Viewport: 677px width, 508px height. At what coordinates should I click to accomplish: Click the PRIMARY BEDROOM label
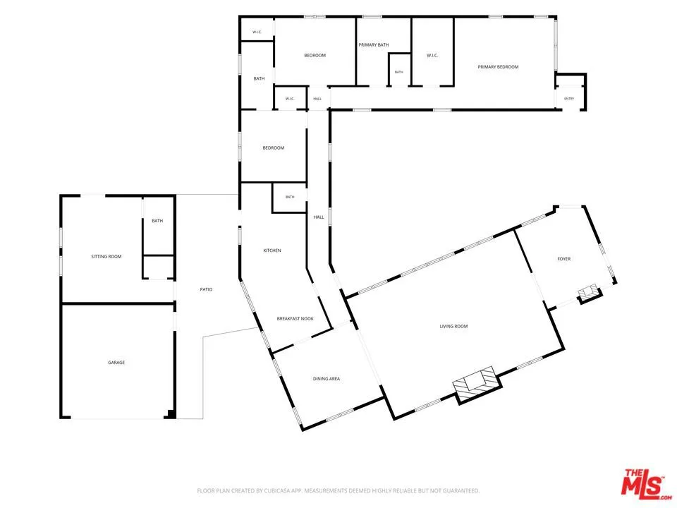(x=498, y=67)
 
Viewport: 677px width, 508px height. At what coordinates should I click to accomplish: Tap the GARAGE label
(x=116, y=363)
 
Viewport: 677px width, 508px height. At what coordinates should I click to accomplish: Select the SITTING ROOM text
(x=106, y=257)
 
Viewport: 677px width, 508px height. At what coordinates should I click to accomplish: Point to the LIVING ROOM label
(x=453, y=326)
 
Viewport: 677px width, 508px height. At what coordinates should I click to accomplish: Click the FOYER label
(x=564, y=259)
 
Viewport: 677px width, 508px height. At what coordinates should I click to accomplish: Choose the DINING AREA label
(x=327, y=379)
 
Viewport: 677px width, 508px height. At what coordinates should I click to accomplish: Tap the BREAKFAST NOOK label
(x=295, y=319)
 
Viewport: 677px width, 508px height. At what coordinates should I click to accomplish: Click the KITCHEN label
(x=272, y=250)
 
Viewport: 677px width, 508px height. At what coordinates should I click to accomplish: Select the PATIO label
(x=207, y=289)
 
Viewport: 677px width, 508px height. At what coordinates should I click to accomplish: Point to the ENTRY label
(x=569, y=99)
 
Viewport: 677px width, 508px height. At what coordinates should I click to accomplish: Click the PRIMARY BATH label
(x=374, y=45)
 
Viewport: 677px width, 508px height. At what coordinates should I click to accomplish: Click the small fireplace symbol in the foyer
(x=590, y=294)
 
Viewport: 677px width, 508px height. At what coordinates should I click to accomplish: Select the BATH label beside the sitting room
(x=157, y=221)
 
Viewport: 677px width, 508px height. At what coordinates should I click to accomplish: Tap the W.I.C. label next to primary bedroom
(x=432, y=55)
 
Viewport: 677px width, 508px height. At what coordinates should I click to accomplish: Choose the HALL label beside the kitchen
(x=319, y=217)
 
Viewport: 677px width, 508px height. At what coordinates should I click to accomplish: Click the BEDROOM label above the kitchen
(x=274, y=147)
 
